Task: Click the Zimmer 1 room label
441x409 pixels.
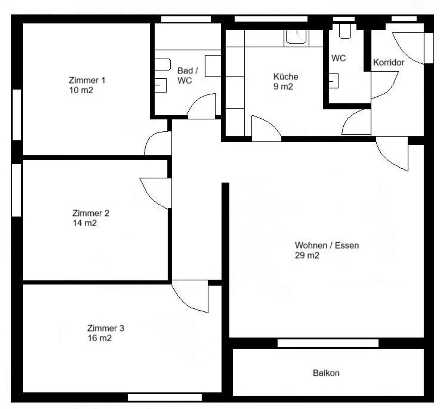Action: coord(87,80)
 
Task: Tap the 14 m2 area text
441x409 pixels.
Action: coord(85,223)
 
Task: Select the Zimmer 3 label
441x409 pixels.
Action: coord(106,328)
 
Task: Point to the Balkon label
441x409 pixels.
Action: coord(326,373)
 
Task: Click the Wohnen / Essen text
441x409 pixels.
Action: coord(327,245)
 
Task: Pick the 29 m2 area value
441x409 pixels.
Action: coord(307,255)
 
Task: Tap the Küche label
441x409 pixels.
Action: coord(286,76)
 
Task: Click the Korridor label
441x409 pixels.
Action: coord(388,62)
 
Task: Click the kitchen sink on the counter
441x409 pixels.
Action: coord(296,37)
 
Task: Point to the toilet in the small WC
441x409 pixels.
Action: coord(345,31)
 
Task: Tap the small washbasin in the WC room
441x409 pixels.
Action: coord(334,81)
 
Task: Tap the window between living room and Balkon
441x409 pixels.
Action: coord(328,343)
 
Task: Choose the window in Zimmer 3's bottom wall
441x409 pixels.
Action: coord(165,397)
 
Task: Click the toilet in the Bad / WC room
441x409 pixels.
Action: coord(163,65)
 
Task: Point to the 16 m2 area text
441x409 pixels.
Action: coord(100,338)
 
